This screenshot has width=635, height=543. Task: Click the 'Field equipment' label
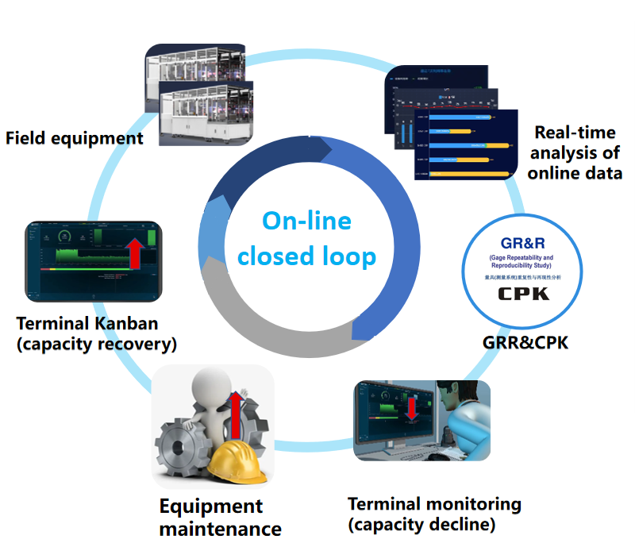coord(75,138)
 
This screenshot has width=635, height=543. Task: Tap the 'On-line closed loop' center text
coord(306,238)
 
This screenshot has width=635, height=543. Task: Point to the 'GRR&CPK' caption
coord(525,343)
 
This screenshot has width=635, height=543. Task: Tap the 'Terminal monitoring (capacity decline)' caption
coord(434,514)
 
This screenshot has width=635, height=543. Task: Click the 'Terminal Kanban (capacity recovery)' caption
coord(96,333)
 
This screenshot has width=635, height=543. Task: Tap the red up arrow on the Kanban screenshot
coord(135,252)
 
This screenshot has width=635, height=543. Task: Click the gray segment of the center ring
coord(262,318)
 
